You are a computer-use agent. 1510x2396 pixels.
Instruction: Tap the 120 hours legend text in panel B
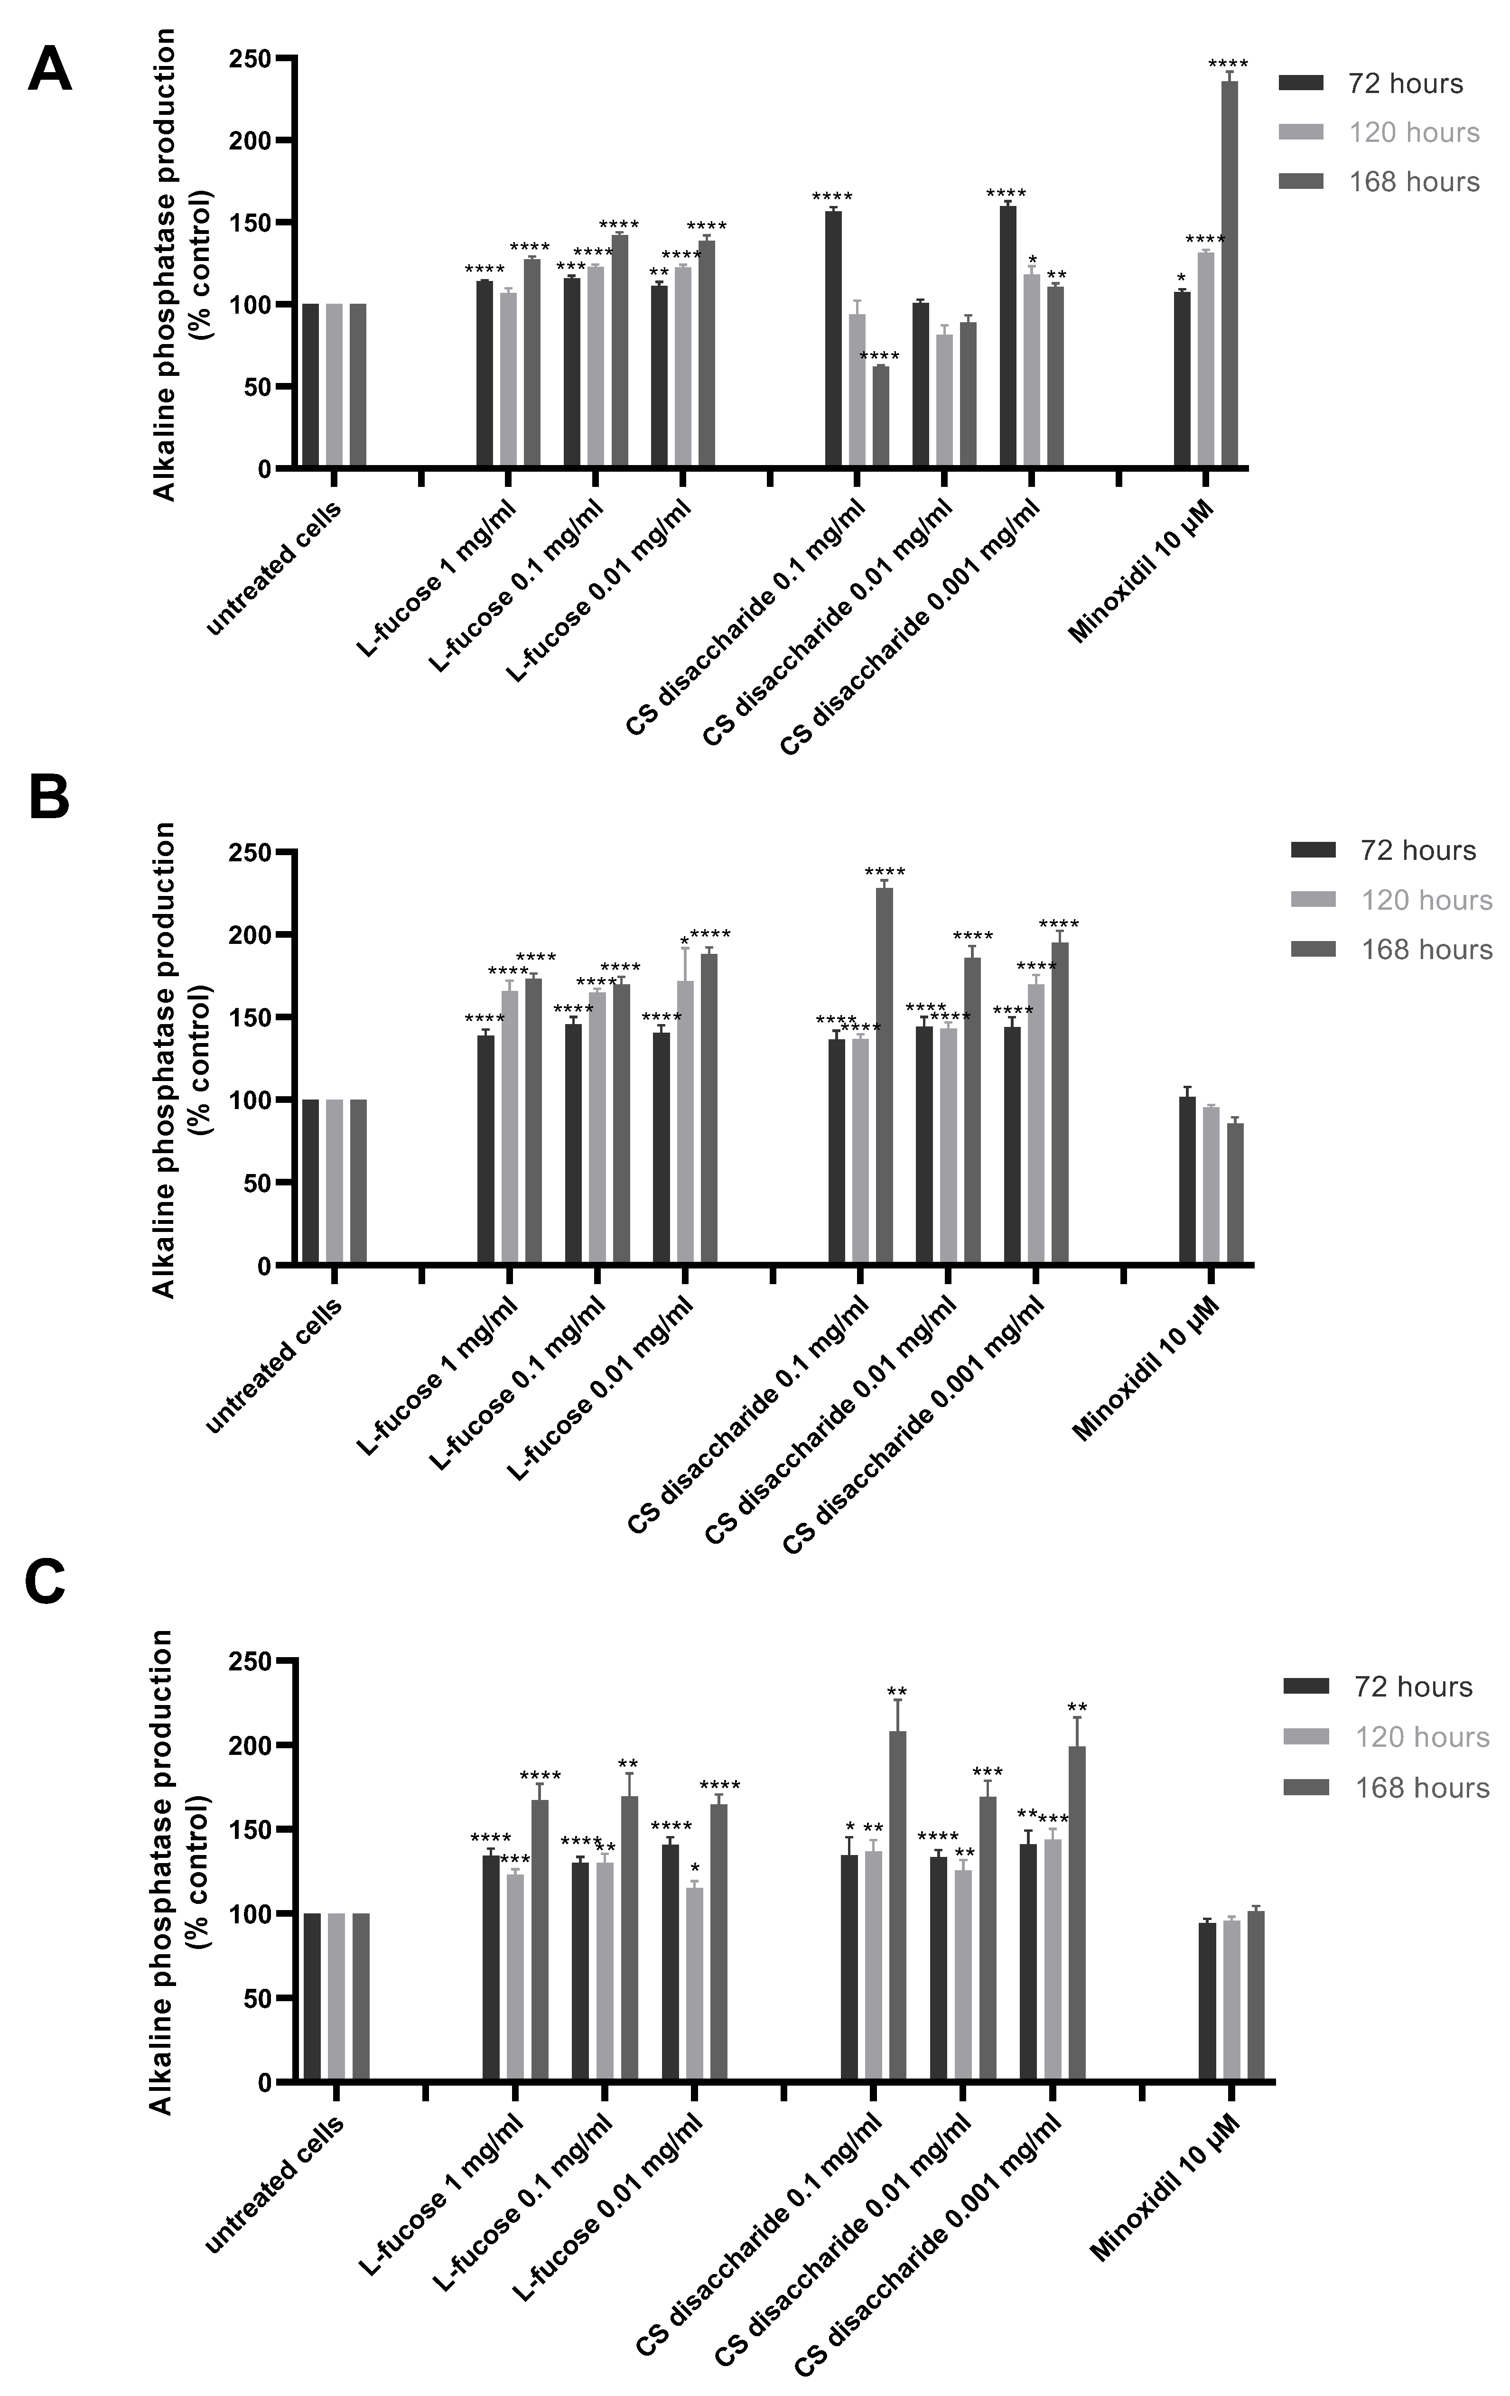tap(1426, 901)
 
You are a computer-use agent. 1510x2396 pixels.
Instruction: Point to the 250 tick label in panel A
tap(249, 60)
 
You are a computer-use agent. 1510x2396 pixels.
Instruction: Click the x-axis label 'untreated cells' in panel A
tap(275, 569)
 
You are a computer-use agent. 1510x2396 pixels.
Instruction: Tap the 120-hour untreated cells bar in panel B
tap(334, 1182)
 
